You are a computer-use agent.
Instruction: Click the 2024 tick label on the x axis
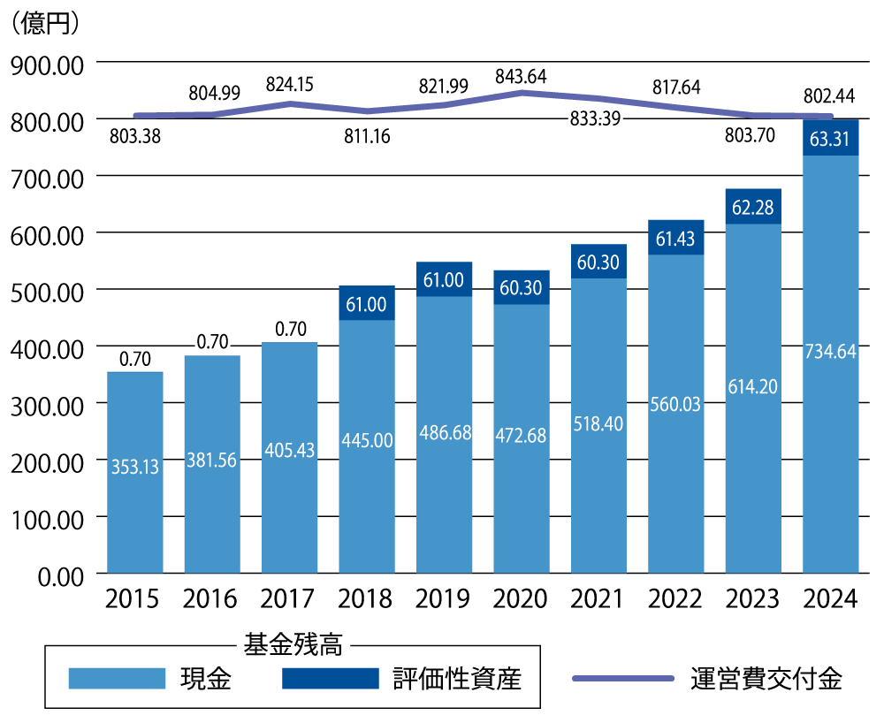click(830, 599)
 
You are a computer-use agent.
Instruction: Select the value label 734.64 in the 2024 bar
click(830, 351)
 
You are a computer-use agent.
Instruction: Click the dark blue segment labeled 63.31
click(830, 138)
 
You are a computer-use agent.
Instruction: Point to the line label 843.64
click(521, 77)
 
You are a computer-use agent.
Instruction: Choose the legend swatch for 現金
click(118, 678)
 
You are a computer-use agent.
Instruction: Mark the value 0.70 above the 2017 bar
click(290, 330)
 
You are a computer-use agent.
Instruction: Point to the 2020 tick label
click(521, 599)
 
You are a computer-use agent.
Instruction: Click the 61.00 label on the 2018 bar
click(367, 304)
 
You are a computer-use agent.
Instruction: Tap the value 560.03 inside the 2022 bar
click(675, 404)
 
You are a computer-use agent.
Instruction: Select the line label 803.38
click(135, 137)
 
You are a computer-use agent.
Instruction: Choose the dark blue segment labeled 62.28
click(753, 208)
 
